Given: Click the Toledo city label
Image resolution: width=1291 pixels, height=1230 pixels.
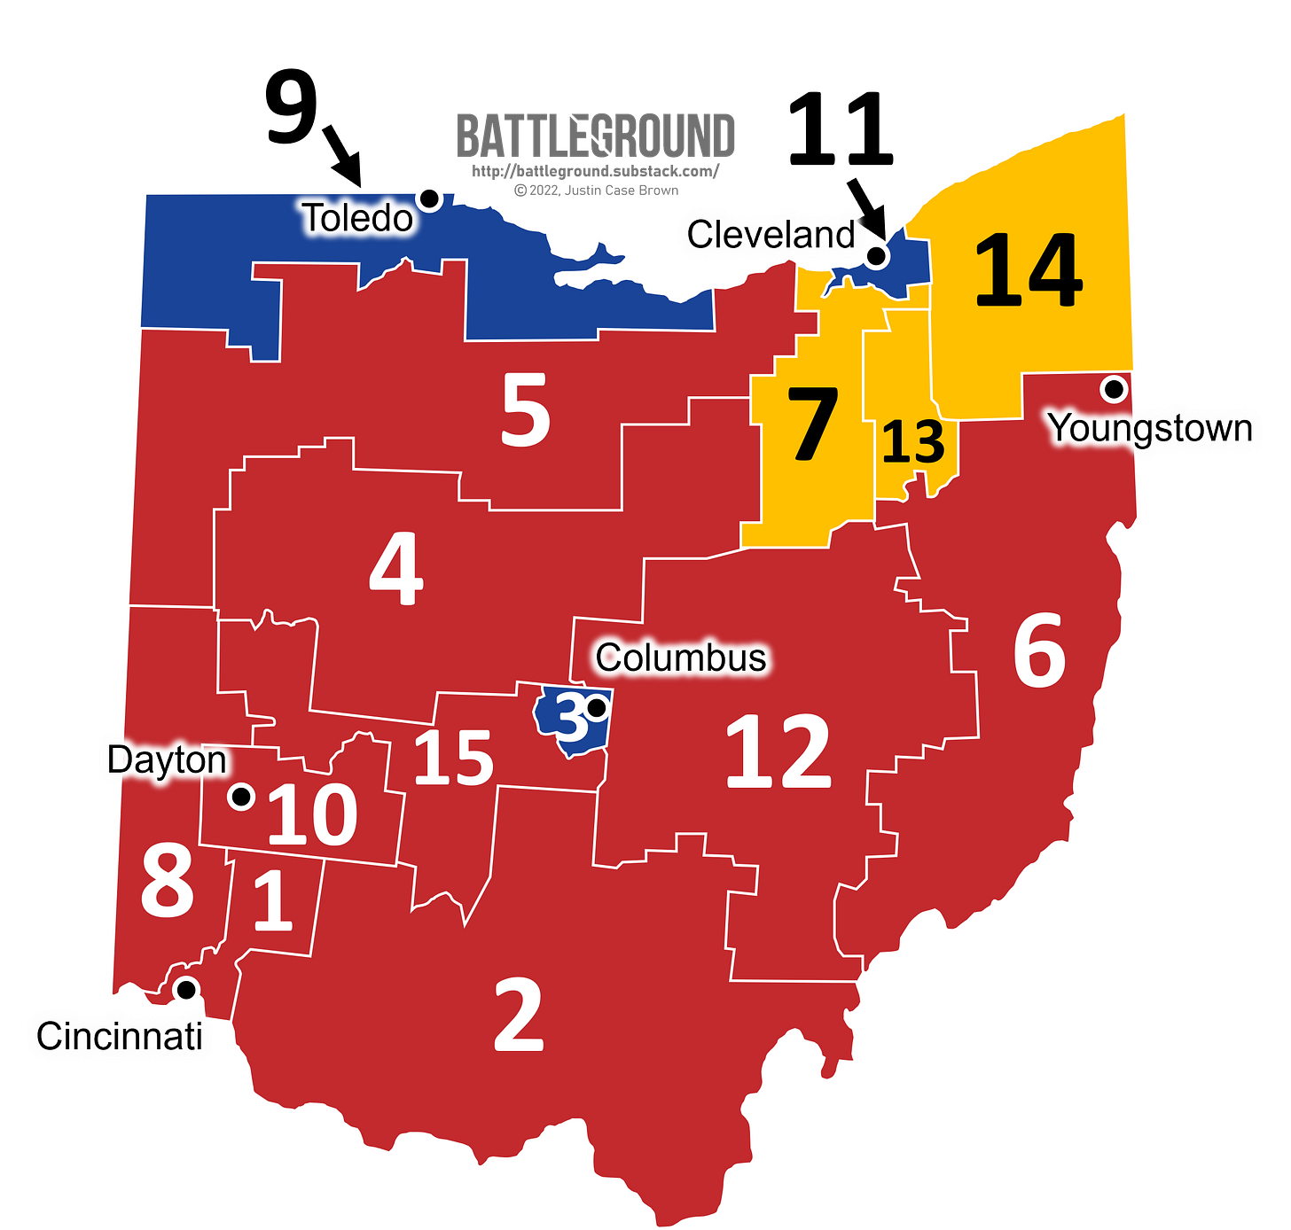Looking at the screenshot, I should (x=358, y=219).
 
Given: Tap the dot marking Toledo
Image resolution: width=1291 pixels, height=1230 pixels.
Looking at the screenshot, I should (x=430, y=198).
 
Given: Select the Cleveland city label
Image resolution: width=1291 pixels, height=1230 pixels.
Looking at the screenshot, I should (x=771, y=236).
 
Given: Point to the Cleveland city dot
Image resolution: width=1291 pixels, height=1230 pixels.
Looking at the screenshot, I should (x=876, y=256).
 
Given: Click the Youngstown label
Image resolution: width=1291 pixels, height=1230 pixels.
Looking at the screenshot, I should (x=1151, y=429).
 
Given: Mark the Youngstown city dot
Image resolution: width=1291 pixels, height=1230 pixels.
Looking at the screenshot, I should (x=1113, y=388).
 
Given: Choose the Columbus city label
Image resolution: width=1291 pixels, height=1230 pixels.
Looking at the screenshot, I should (x=680, y=658).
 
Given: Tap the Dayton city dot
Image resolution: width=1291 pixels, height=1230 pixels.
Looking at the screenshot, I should (x=240, y=797).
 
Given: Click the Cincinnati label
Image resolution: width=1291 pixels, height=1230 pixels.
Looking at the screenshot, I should (x=120, y=1036).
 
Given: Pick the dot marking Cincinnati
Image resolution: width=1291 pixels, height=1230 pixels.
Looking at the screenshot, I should (x=186, y=989).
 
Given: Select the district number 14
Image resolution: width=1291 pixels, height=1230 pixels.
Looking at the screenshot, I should (x=1029, y=270).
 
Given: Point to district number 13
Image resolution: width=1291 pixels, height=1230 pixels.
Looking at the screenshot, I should (x=913, y=441).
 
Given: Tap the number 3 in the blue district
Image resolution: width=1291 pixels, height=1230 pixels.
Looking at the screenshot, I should (x=571, y=719).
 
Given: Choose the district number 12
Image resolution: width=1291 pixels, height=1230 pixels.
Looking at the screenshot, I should (x=779, y=752).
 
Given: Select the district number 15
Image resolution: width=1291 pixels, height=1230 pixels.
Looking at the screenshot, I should (x=453, y=758).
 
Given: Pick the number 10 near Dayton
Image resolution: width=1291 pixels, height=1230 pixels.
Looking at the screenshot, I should (x=312, y=814).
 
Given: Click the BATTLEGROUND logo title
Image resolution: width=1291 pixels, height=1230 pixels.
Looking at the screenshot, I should (x=595, y=136).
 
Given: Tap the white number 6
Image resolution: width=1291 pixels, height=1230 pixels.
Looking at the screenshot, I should (x=1039, y=651).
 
